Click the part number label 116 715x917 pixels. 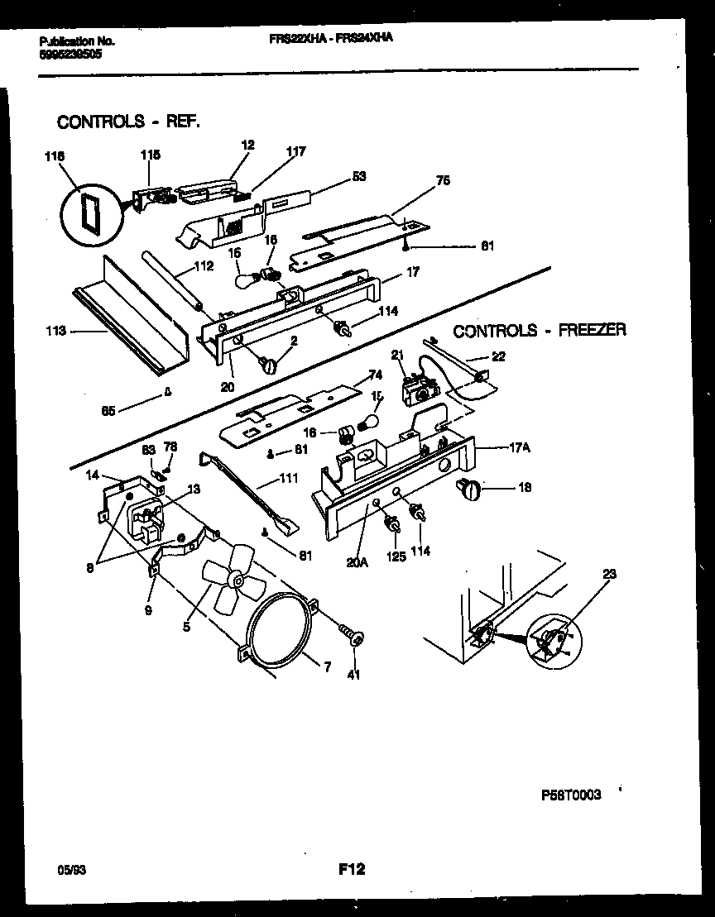coord(55,155)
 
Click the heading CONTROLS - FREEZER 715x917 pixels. coord(540,330)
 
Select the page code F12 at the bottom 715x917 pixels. coord(352,869)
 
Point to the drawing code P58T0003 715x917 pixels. coord(571,794)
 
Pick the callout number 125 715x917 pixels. coord(396,556)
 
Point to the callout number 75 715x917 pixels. coord(443,181)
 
